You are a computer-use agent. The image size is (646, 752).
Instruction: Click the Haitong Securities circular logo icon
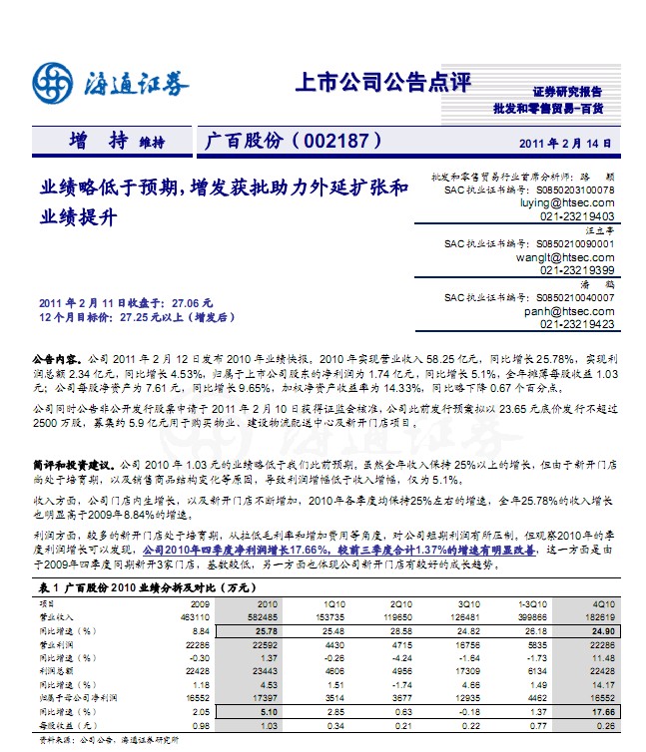point(51,83)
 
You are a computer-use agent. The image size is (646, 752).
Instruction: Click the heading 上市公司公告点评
point(382,83)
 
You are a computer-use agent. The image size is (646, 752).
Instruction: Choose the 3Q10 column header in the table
point(466,604)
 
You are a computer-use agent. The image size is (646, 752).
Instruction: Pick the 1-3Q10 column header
point(533,604)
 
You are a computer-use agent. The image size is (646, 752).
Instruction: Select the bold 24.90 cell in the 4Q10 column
point(601,631)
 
